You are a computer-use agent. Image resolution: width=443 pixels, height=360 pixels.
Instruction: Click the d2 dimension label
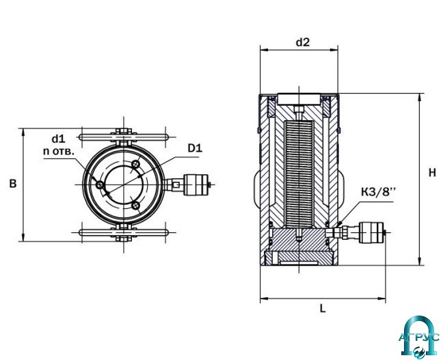303,42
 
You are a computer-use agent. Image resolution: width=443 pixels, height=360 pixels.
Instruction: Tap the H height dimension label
432,173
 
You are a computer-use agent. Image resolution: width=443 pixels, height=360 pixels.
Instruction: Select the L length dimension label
323,308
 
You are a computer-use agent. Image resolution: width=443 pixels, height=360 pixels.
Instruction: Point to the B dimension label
13,184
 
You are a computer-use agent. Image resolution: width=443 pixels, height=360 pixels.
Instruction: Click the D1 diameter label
195,148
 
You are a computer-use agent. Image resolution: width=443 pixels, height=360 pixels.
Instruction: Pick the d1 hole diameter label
59,139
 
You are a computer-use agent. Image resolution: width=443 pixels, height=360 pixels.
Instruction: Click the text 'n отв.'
59,152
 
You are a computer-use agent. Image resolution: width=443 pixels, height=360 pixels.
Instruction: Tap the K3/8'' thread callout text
378,192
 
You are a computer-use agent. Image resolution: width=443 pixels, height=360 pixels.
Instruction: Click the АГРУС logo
419,336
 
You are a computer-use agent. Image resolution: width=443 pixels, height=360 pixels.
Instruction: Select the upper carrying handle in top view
124,137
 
